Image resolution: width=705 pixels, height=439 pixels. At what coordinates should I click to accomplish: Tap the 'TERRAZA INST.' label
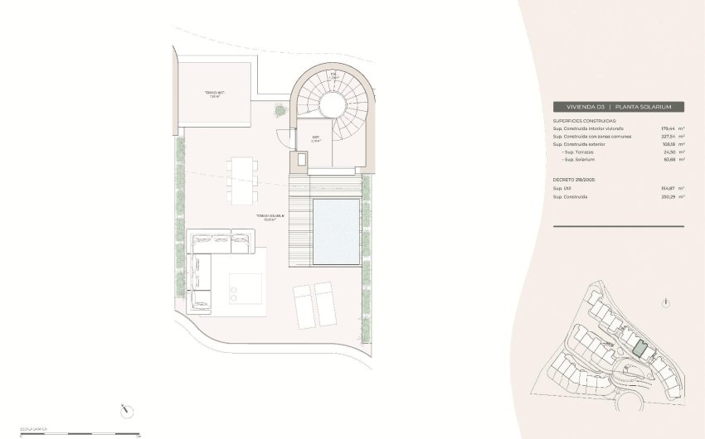tap(215, 94)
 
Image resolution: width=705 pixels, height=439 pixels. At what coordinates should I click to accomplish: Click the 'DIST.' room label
tap(316, 138)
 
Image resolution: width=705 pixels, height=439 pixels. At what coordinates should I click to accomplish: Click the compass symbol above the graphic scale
tap(126, 408)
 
